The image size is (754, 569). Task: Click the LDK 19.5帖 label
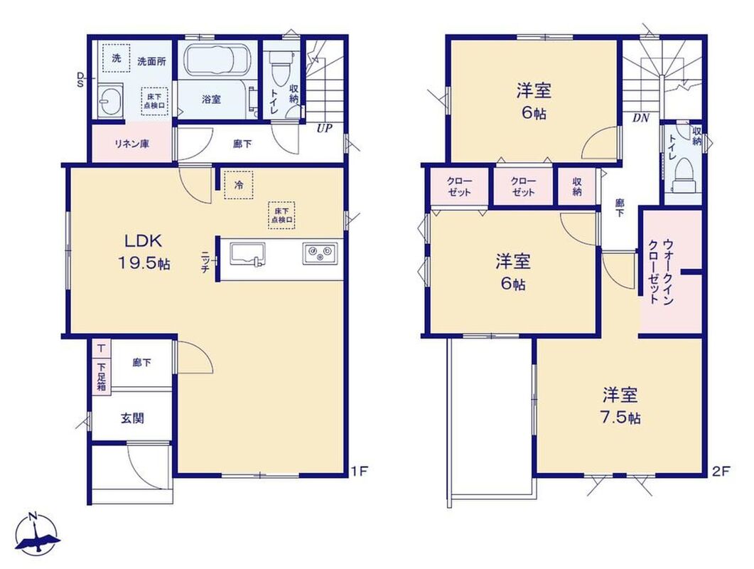[144, 251]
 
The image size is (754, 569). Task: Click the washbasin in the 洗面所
[110, 101]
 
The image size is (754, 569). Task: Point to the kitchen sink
[247, 254]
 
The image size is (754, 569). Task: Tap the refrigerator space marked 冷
[239, 184]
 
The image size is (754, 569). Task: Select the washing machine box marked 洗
[116, 58]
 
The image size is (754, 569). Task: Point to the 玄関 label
[132, 418]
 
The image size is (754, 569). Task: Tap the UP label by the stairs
[324, 129]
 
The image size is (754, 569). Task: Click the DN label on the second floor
[640, 118]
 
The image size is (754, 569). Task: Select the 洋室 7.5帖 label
[621, 406]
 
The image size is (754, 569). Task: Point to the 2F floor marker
[721, 471]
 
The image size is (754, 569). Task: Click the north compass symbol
[37, 533]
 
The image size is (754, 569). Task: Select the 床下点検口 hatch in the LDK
[281, 215]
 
